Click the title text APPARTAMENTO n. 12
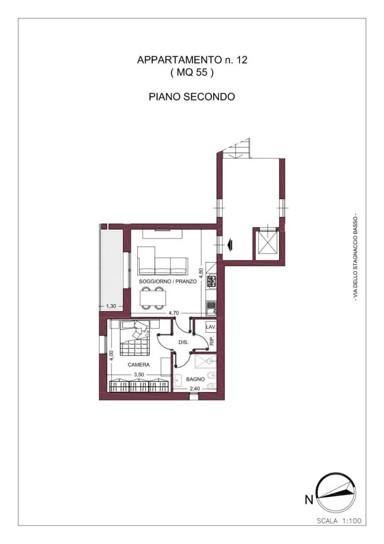192,60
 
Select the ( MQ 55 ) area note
192,73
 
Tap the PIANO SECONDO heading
192,96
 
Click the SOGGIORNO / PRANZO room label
167,281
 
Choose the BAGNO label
196,379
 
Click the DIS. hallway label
182,342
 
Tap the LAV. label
210,328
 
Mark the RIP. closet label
212,341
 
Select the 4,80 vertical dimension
202,273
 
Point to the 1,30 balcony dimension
111,306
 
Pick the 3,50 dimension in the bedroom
139,374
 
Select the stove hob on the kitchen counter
211,281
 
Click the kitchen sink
211,309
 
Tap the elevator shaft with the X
268,243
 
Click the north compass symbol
336,494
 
